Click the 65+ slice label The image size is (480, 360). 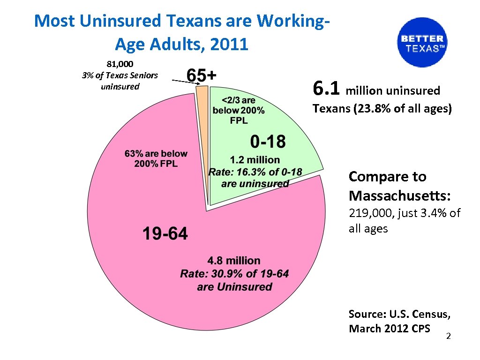click(x=202, y=75)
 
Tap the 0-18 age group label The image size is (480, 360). click(x=268, y=141)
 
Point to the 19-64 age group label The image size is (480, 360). click(x=165, y=233)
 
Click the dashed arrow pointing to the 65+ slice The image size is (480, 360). click(x=183, y=82)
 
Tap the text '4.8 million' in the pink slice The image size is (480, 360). click(x=234, y=261)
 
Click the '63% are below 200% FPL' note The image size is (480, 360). click(x=156, y=158)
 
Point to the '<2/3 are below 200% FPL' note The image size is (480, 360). click(x=238, y=110)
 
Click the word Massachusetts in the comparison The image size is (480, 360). click(x=388, y=194)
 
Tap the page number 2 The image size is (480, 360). click(x=448, y=337)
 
